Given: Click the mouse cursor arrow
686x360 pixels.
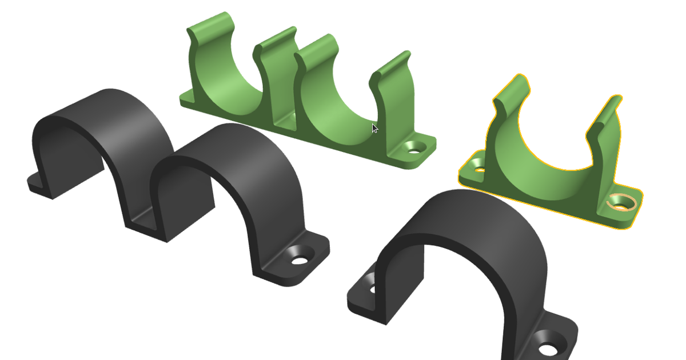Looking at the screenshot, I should (x=374, y=129).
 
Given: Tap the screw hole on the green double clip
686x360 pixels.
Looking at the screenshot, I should (x=414, y=148).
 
